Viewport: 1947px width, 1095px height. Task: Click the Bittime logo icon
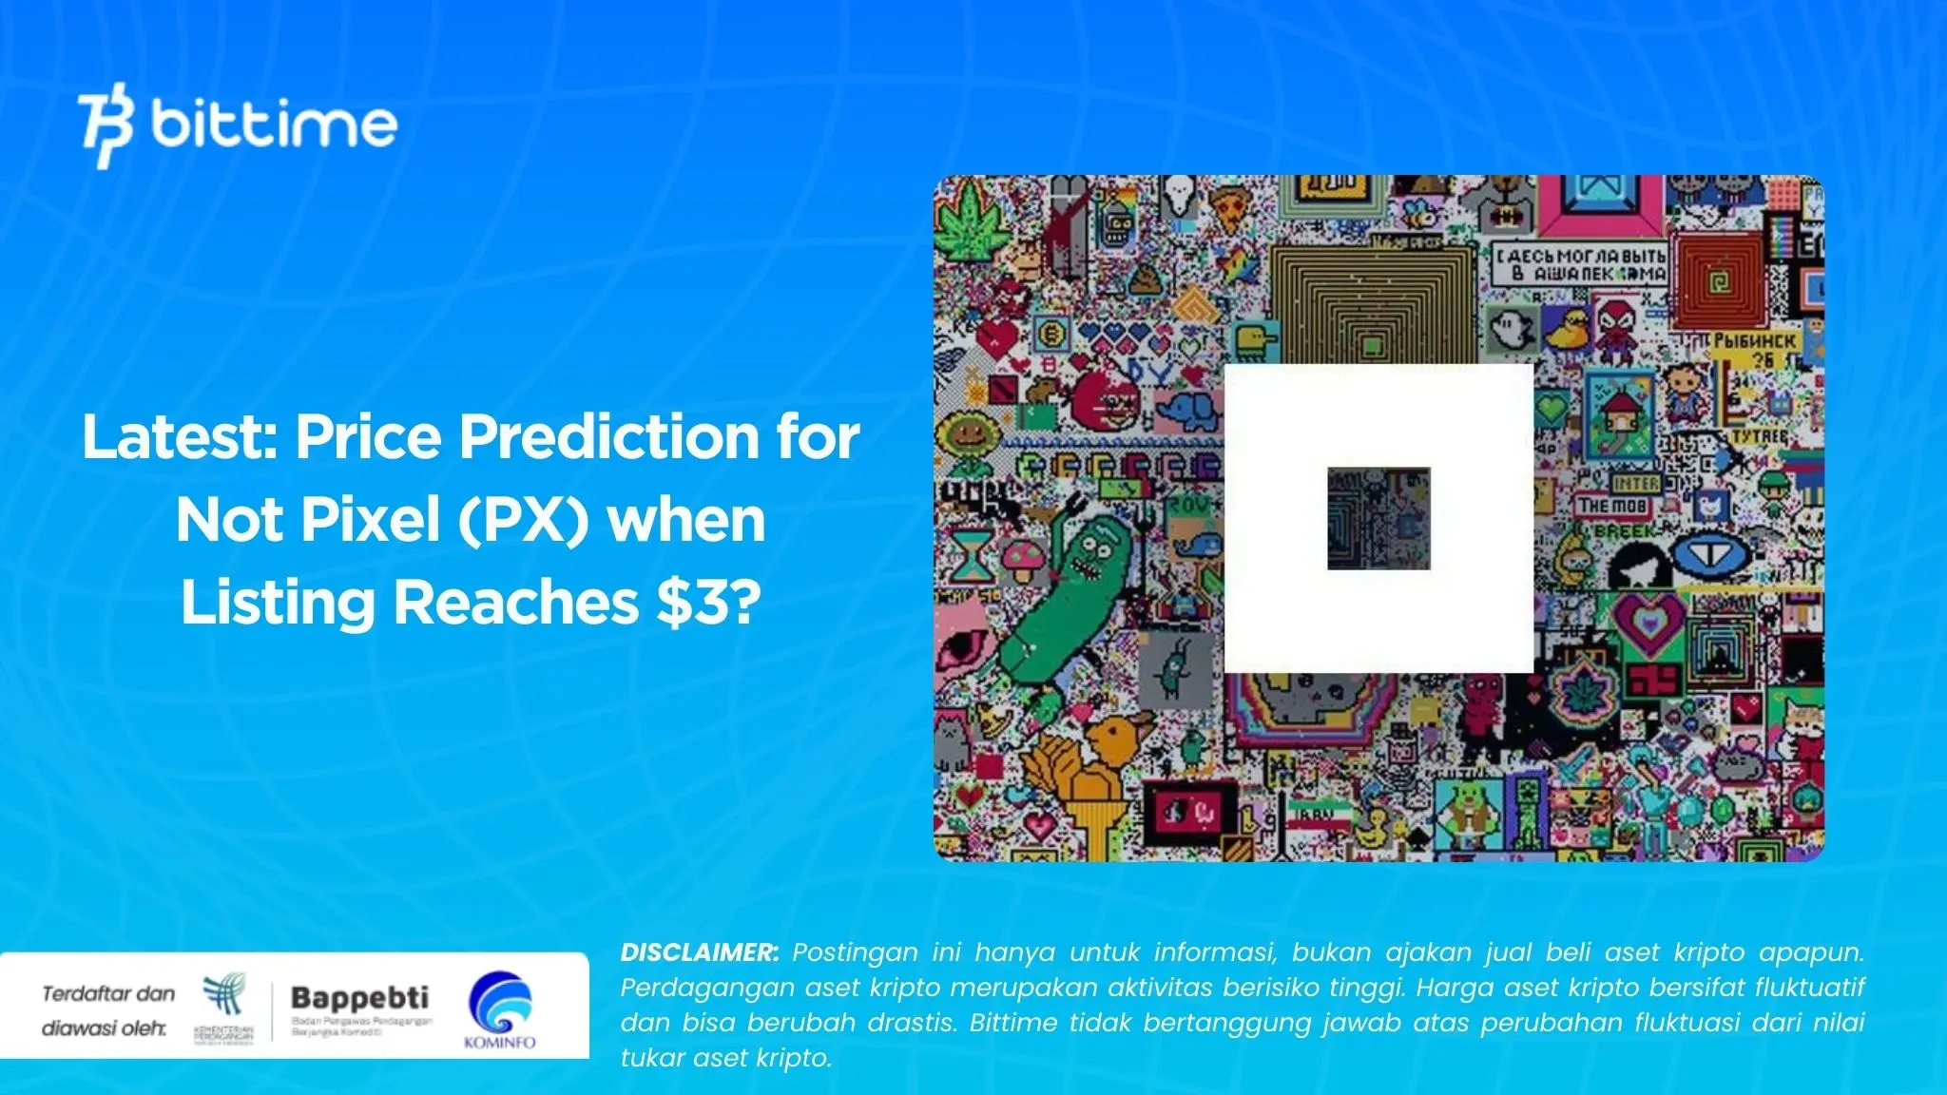106,125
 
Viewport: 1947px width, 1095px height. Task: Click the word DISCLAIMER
699,952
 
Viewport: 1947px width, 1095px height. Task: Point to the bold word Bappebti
359,998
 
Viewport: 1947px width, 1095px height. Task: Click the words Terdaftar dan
108,994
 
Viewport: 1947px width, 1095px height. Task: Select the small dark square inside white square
1378,518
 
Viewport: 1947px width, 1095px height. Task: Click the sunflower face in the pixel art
966,437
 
